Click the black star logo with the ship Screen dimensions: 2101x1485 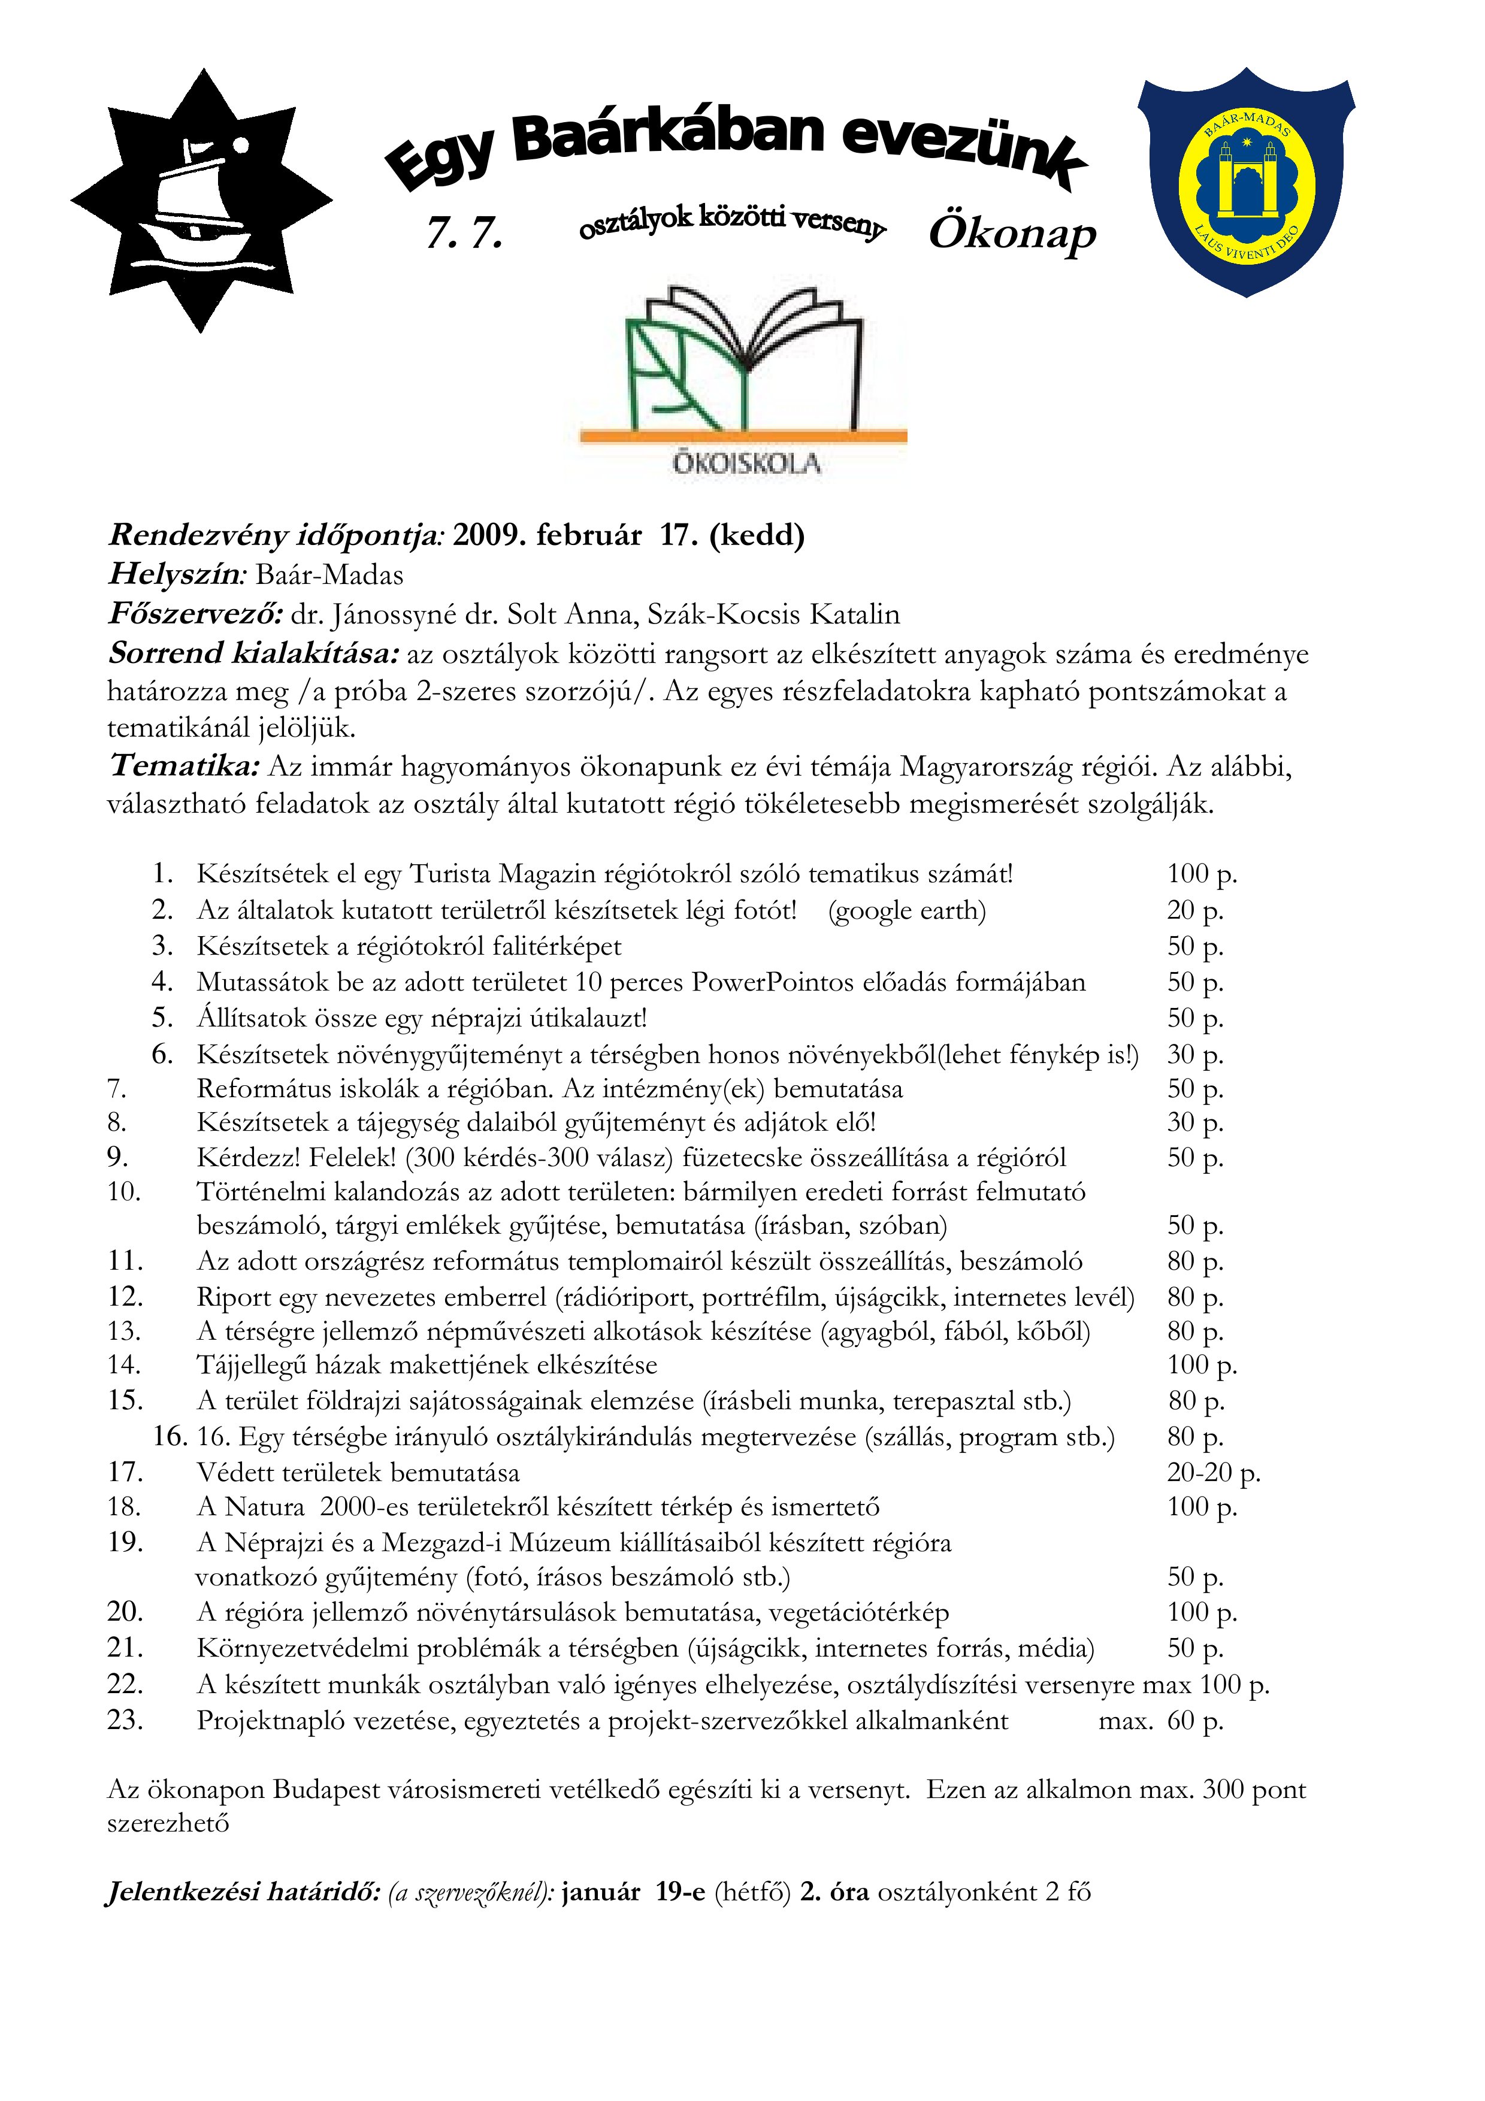click(201, 201)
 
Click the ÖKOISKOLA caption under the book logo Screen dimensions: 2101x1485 click(746, 464)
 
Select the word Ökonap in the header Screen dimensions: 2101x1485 click(1012, 234)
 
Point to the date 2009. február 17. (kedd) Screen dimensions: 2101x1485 click(628, 535)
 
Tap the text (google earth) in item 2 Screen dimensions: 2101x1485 click(907, 910)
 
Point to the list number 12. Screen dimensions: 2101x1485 click(125, 1297)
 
